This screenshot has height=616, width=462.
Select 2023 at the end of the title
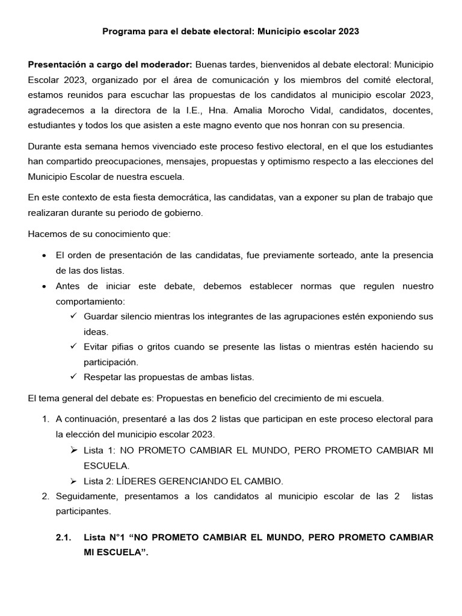pos(348,31)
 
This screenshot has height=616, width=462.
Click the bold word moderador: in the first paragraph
pos(167,64)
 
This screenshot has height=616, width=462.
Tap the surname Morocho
pos(286,110)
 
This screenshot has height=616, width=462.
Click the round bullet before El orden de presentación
pos(45,256)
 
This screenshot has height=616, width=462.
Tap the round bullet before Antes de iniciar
pos(45,286)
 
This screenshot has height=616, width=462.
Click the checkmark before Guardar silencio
pos(73,316)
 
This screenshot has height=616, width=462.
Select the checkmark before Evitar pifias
pos(73,347)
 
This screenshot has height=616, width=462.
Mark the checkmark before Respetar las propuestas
pos(73,377)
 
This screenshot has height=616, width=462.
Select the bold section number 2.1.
pos(63,537)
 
